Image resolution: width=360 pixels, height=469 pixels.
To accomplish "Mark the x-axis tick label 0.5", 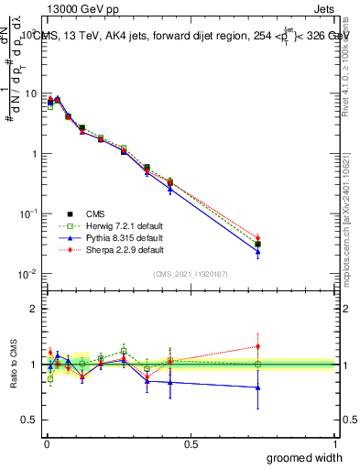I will tap(191, 444).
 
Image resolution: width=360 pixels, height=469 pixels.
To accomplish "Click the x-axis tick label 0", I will tap(47, 444).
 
